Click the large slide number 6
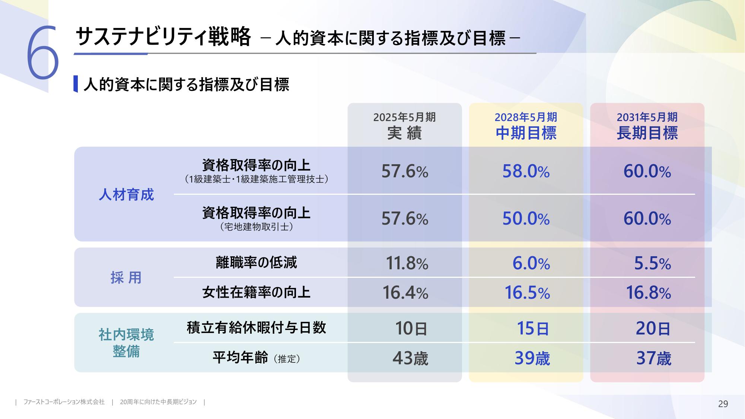click(42, 53)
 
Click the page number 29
click(723, 404)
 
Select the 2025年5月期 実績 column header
click(404, 126)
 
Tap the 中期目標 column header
click(526, 126)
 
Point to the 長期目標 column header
click(647, 126)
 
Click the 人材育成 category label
click(126, 195)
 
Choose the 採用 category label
click(126, 277)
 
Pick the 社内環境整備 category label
click(126, 343)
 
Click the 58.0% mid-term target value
click(526, 171)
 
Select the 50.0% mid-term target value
click(526, 219)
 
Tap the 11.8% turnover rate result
click(407, 263)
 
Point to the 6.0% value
click(531, 263)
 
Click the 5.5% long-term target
click(652, 263)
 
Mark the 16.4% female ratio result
click(405, 293)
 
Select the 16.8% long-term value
click(648, 293)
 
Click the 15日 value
click(533, 328)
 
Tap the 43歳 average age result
click(410, 358)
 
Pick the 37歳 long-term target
click(653, 358)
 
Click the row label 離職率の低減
click(256, 263)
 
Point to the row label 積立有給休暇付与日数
click(256, 328)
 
